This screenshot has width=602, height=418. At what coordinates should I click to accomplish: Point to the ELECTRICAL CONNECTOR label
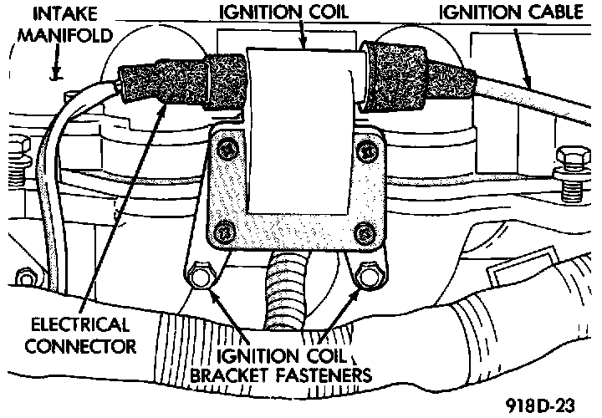[x=79, y=334]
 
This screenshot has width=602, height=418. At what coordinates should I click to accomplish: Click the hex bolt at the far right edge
[x=569, y=159]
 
